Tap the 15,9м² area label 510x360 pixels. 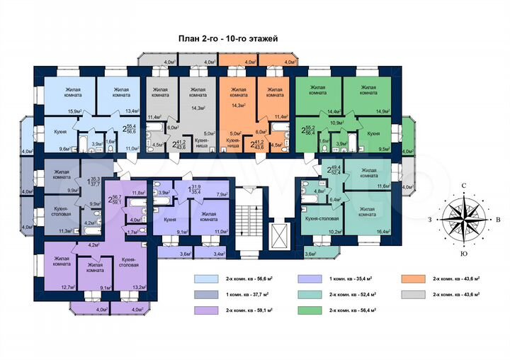(75, 111)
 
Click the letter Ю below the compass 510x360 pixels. (463, 253)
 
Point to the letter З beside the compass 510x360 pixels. (429, 220)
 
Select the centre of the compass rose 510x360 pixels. (463, 220)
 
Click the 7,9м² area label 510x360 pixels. (220, 193)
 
